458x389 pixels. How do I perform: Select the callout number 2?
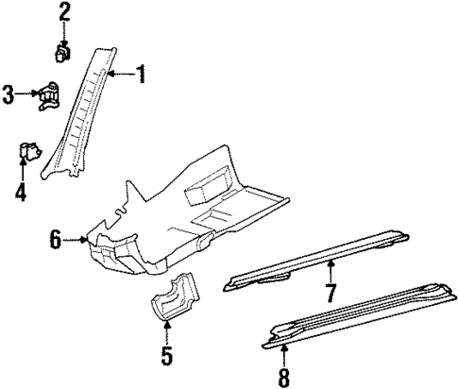click(x=64, y=12)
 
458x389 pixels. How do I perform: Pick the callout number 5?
click(x=166, y=357)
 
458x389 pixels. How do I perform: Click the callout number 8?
click(x=284, y=377)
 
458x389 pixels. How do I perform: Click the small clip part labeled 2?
click(x=64, y=50)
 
